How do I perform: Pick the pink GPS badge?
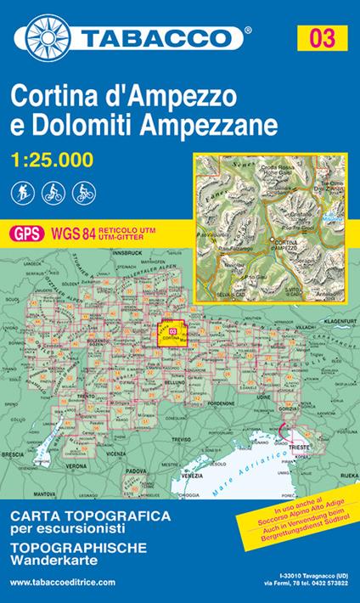(23, 232)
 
